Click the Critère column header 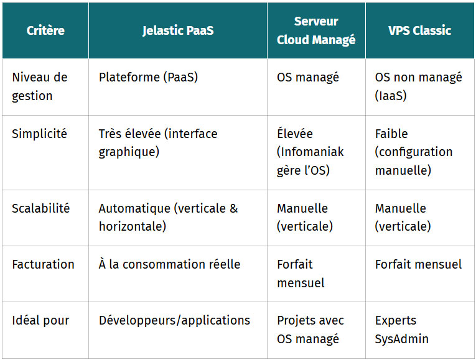45,30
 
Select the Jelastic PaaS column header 178,30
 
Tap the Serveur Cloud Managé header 316,30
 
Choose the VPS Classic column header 419,30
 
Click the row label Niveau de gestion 39,86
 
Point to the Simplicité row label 39,134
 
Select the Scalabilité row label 40,208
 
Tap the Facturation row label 43,264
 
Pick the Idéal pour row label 40,321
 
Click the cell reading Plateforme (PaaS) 148,77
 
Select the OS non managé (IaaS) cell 418,86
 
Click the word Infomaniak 310,152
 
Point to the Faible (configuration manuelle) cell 414,152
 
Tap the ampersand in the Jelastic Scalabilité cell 233,208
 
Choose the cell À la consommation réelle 169,264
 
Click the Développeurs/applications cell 174,321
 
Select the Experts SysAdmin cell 401,330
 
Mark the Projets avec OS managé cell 310,330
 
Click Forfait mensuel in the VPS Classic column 418,264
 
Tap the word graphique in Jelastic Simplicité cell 129,152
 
